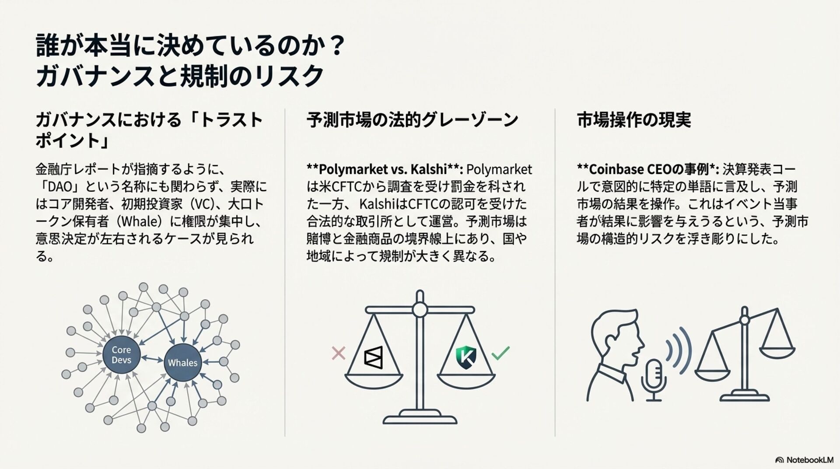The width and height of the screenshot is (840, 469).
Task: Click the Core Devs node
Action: pyautogui.click(x=121, y=355)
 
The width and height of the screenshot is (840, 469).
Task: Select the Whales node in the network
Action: pyautogui.click(x=182, y=363)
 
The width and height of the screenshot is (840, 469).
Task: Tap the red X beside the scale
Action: pyautogui.click(x=339, y=353)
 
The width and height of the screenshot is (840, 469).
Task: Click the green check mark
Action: pyautogui.click(x=500, y=353)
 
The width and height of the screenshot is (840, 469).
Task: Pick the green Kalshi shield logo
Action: pyautogui.click(x=465, y=357)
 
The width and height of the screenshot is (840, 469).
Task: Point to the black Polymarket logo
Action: pyautogui.click(x=373, y=357)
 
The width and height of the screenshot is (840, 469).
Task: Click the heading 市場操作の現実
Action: pyautogui.click(x=634, y=120)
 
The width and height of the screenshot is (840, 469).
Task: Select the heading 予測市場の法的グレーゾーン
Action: pyautogui.click(x=412, y=120)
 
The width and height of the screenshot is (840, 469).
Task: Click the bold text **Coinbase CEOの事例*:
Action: pyautogui.click(x=648, y=169)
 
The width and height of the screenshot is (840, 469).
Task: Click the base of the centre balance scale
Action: pyautogui.click(x=420, y=417)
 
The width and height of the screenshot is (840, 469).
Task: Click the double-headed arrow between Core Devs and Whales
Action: pyautogui.click(x=152, y=359)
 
